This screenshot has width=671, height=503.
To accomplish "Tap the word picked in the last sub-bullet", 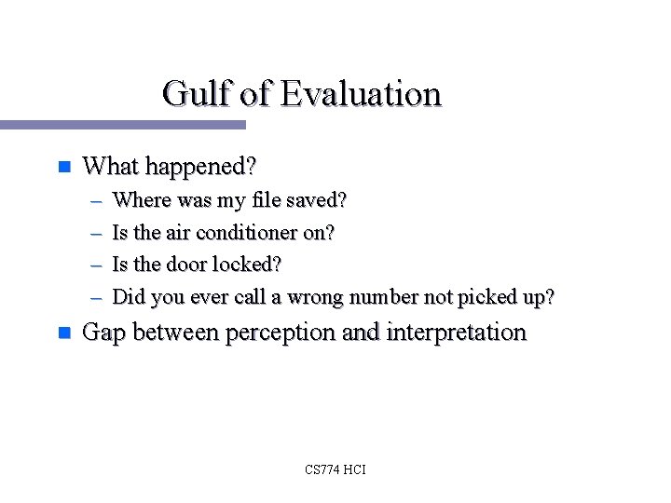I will [482, 298].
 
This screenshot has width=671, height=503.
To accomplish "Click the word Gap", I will [103, 333].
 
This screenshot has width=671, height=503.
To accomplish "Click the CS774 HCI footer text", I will [335, 469].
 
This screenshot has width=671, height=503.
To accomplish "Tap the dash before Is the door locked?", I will [97, 265].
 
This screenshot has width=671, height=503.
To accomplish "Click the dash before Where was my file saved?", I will [97, 201].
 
